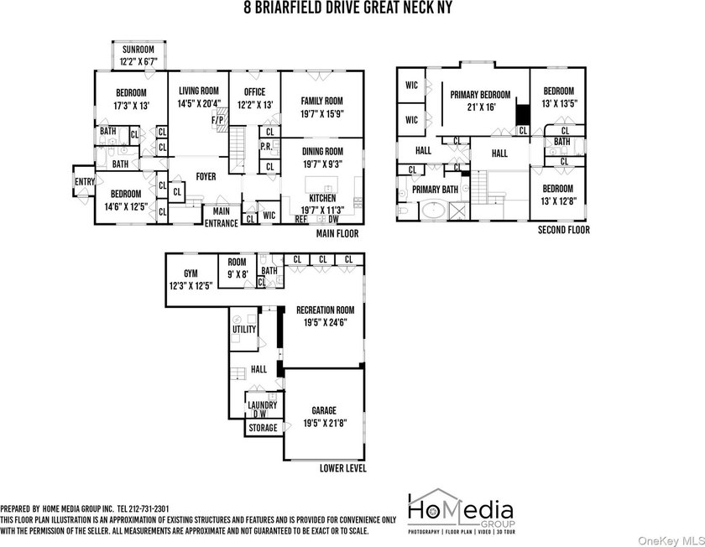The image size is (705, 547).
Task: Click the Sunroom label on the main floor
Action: pyautogui.click(x=138, y=49)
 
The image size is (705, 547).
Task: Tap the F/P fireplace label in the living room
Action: pyautogui.click(x=217, y=121)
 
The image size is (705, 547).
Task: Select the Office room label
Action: pyautogui.click(x=254, y=92)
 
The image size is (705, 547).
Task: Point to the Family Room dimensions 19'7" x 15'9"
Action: pyautogui.click(x=322, y=114)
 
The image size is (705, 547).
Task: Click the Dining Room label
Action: pyautogui.click(x=322, y=152)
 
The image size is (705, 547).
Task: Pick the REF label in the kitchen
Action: pyautogui.click(x=300, y=219)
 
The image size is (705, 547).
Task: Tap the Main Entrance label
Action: pyautogui.click(x=222, y=217)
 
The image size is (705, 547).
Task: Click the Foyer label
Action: pyautogui.click(x=206, y=177)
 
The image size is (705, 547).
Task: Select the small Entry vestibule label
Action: pyautogui.click(x=85, y=181)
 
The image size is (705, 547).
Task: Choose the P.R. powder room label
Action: pyautogui.click(x=266, y=147)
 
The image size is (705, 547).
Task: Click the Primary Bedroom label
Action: pyautogui.click(x=480, y=95)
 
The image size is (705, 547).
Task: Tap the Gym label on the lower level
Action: pyautogui.click(x=191, y=273)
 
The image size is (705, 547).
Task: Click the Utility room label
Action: pyautogui.click(x=244, y=329)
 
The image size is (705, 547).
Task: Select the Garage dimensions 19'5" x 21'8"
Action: pyautogui.click(x=324, y=423)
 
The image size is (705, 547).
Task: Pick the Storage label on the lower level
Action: pyautogui.click(x=263, y=428)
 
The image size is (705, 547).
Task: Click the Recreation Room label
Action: pyautogui.click(x=325, y=310)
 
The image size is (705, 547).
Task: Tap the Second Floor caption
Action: pyautogui.click(x=564, y=230)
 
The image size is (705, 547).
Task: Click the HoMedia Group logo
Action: pyautogui.click(x=462, y=511)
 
